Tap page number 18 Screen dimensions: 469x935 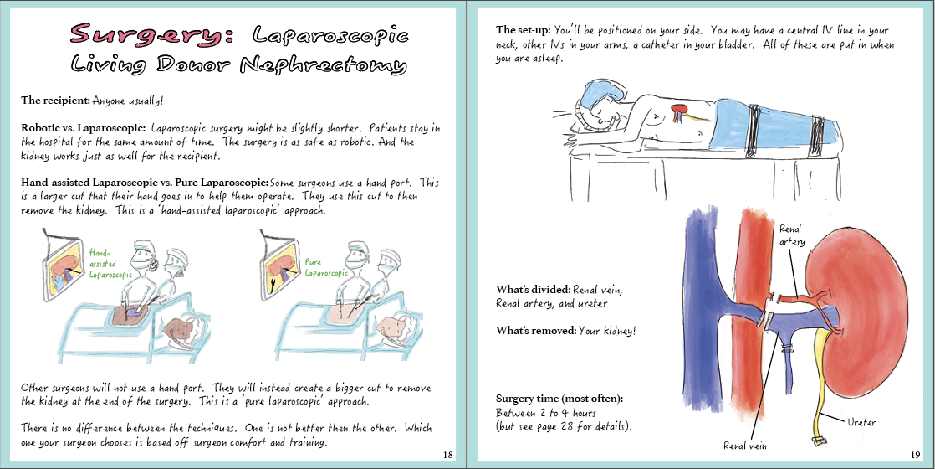point(448,454)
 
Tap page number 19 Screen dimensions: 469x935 point(915,454)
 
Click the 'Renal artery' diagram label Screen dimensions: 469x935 point(792,235)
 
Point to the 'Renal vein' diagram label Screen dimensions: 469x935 point(744,446)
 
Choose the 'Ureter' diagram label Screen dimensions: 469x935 point(861,422)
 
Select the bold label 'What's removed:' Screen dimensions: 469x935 point(535,331)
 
